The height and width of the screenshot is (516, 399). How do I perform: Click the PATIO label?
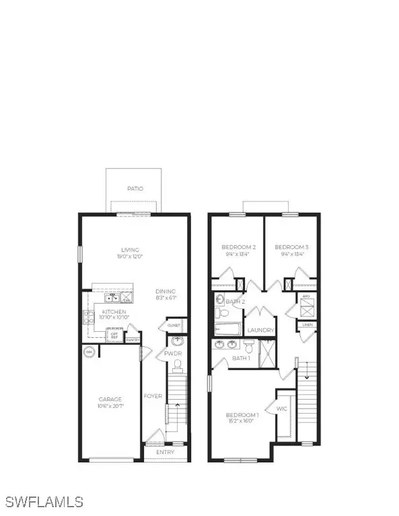click(x=135, y=189)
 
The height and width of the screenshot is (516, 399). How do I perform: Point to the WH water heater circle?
click(x=89, y=352)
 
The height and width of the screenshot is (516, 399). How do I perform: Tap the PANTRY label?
click(x=132, y=340)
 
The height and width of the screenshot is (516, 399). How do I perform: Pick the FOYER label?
click(x=153, y=396)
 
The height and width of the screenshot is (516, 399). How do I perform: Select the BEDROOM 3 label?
click(x=291, y=247)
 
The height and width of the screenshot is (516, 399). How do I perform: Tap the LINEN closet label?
click(x=308, y=326)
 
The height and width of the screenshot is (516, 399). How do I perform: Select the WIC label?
click(x=283, y=407)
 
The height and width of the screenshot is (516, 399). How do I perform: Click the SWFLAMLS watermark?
click(x=44, y=501)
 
